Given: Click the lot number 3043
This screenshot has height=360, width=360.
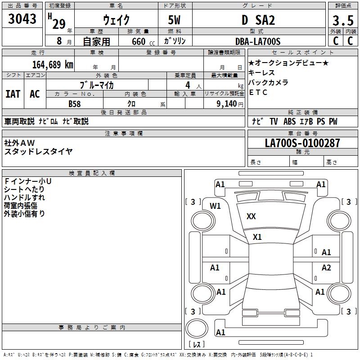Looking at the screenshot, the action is click(x=22, y=19).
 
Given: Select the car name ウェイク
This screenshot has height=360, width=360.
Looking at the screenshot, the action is click(x=116, y=20).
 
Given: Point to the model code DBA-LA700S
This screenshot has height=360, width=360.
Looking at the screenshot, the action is click(x=258, y=41).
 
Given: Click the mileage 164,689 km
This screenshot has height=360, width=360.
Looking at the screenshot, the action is click(x=52, y=64).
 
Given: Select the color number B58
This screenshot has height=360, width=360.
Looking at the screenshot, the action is click(x=75, y=103).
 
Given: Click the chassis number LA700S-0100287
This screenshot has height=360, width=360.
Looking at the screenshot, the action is click(x=302, y=143).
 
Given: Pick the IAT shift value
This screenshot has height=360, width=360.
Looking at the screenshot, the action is click(x=13, y=94).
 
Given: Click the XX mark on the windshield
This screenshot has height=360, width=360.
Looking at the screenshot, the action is click(x=251, y=216).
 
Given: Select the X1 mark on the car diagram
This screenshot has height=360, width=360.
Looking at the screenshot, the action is click(x=257, y=237).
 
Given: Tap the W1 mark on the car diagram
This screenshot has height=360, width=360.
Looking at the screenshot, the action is click(x=216, y=206).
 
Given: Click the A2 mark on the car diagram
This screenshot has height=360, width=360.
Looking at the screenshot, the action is click(x=326, y=268).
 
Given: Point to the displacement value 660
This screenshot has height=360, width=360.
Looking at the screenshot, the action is click(x=138, y=42).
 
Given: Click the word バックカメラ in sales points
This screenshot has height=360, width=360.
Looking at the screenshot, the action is click(x=268, y=83).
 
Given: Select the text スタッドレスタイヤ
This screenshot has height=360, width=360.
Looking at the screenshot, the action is click(x=38, y=152).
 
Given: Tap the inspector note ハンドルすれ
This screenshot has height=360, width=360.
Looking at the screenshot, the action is click(x=24, y=198).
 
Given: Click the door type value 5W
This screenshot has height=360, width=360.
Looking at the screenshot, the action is click(x=175, y=20).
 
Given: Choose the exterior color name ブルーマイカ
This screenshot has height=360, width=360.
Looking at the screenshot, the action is click(x=97, y=85).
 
